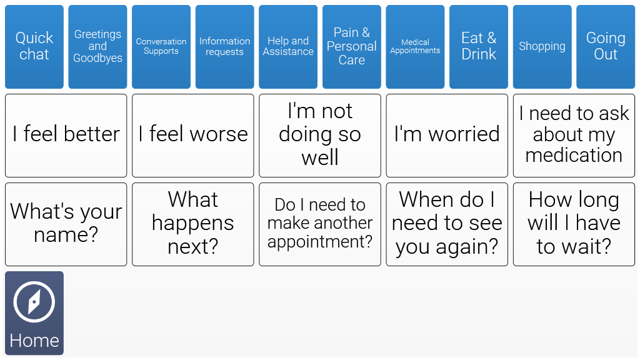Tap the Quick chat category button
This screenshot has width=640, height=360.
[34, 46]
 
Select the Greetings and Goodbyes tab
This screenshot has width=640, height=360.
[97, 46]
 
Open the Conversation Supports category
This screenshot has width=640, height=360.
[161, 46]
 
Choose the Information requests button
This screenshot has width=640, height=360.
[224, 46]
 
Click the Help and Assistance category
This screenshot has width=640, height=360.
[288, 46]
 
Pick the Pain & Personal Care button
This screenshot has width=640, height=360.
[351, 46]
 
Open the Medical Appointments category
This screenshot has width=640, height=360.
[415, 46]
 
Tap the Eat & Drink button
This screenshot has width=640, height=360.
[479, 46]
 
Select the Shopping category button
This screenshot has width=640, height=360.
[542, 46]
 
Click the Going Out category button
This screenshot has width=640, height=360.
[606, 46]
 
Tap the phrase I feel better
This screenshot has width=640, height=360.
[66, 136]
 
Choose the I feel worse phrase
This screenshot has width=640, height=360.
[193, 136]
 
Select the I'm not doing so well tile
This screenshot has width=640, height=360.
[320, 136]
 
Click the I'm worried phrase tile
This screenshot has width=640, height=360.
[447, 136]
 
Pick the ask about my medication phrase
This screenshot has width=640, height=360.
[574, 136]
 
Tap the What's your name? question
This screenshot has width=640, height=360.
[66, 224]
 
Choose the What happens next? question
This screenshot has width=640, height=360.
[193, 224]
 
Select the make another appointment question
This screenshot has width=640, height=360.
[320, 224]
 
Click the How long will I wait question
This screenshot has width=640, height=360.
[574, 224]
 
